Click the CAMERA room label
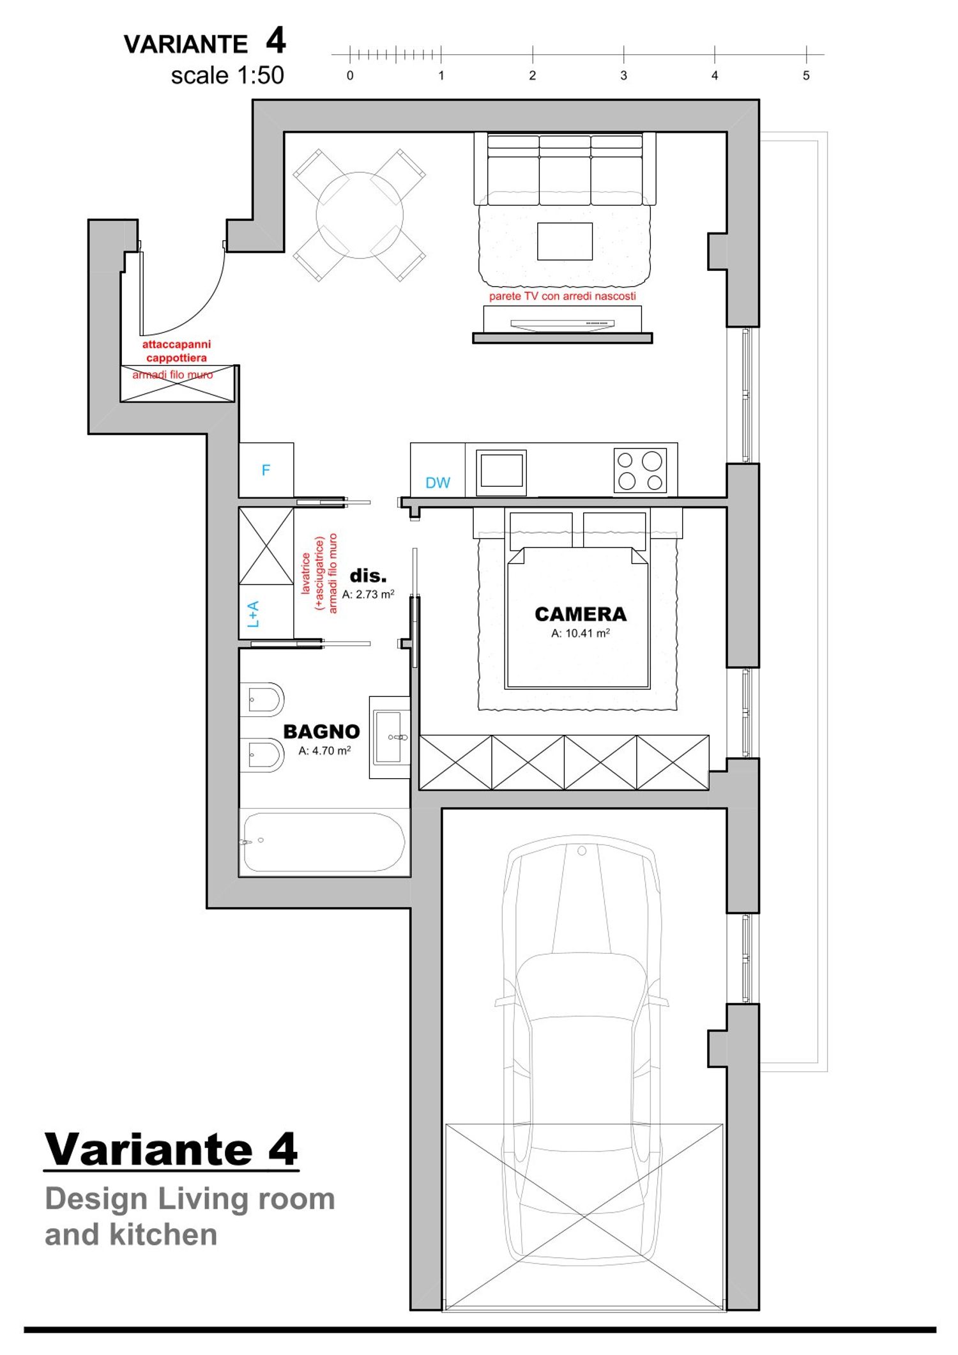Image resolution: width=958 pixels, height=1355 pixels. (x=581, y=614)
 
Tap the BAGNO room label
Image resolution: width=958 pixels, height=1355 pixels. (x=321, y=731)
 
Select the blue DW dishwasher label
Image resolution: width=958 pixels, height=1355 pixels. (x=437, y=483)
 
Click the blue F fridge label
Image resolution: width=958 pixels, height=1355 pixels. (x=266, y=470)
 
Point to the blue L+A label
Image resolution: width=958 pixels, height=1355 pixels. (x=254, y=614)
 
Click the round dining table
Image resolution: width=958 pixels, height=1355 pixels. (x=360, y=215)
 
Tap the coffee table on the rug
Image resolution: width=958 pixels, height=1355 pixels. (x=565, y=241)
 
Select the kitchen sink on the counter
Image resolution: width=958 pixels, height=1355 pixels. (x=501, y=472)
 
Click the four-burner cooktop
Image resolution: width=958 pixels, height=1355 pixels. (x=640, y=471)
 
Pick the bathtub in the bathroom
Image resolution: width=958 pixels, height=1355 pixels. (x=324, y=841)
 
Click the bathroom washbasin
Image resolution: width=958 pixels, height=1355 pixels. (x=390, y=737)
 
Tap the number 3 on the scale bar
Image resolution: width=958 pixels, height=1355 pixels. (x=623, y=75)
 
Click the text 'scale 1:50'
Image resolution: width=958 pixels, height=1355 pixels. (x=227, y=75)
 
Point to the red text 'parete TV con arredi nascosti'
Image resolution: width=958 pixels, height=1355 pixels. (x=563, y=296)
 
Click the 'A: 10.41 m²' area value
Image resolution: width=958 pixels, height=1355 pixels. (x=581, y=633)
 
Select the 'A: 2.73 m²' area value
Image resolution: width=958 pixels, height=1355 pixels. (x=369, y=594)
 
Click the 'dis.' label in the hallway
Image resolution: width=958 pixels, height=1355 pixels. (x=369, y=576)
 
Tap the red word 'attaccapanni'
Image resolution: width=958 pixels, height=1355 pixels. (x=176, y=344)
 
